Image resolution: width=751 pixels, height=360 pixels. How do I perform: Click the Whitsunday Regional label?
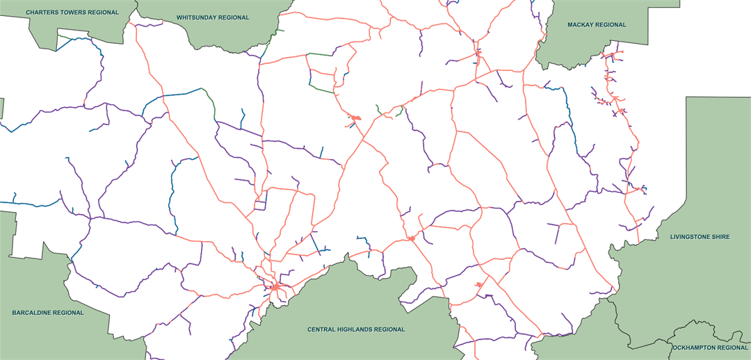213,17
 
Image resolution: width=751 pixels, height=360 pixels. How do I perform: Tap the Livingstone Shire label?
700,237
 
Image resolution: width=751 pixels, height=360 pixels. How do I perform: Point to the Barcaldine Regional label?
48,313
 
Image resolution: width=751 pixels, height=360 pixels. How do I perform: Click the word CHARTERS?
43,13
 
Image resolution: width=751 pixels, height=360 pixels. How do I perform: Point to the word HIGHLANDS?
357,329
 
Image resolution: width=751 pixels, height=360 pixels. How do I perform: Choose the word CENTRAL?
322,329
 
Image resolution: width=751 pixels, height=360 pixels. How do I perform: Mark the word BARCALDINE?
32,313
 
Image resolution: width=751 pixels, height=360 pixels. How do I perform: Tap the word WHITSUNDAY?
197,17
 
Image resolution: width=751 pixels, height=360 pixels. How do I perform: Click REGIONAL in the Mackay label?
611,25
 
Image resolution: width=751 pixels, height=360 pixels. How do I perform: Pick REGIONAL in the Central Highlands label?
390,329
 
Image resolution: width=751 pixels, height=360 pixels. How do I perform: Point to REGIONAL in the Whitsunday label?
234,17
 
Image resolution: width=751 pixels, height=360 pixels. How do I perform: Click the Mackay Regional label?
597,25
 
